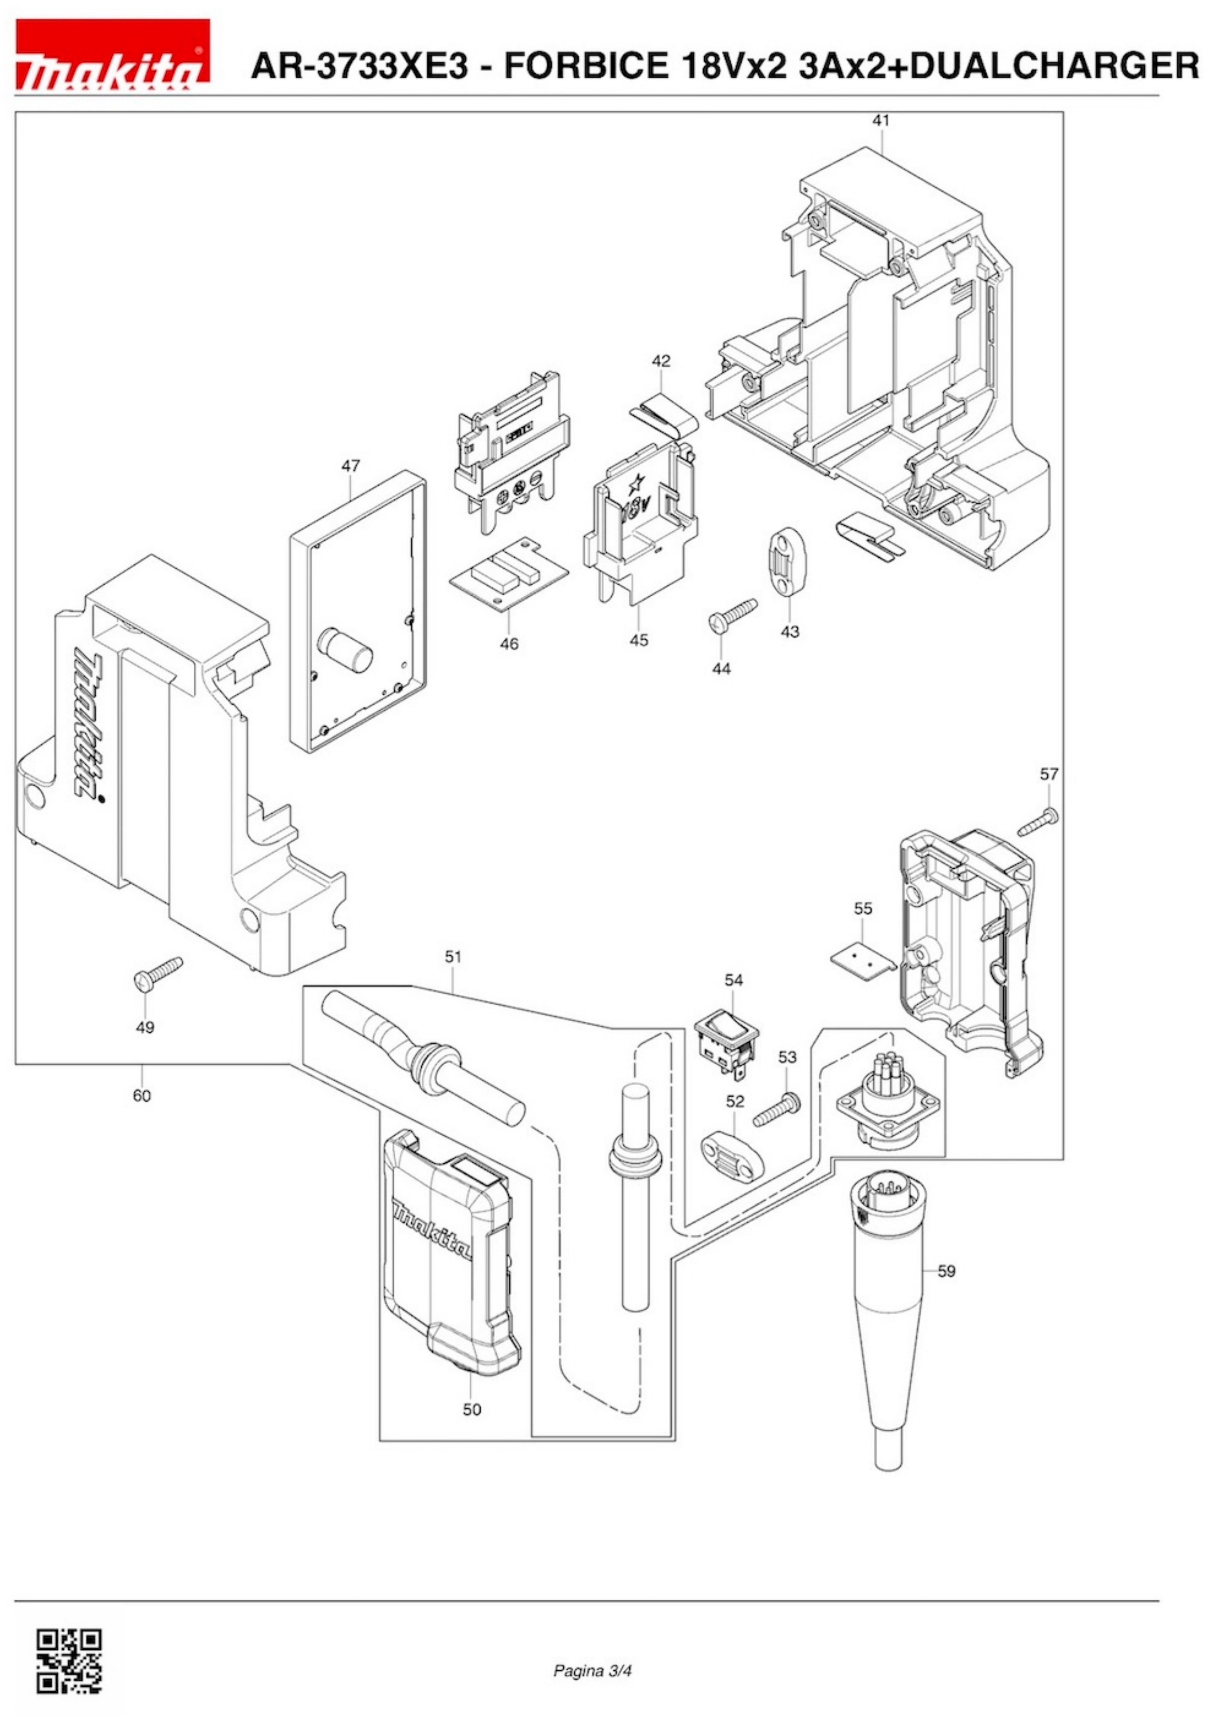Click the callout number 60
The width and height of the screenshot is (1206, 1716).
pyautogui.click(x=141, y=1095)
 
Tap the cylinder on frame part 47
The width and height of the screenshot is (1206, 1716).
pyautogui.click(x=346, y=650)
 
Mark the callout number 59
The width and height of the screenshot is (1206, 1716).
pyautogui.click(x=946, y=1271)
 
